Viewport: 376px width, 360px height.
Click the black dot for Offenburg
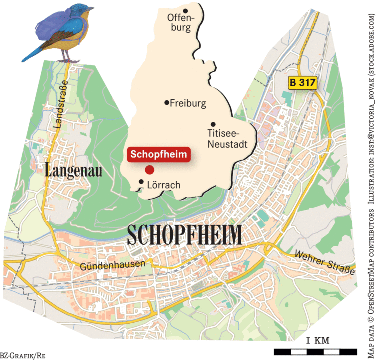click(185, 11)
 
